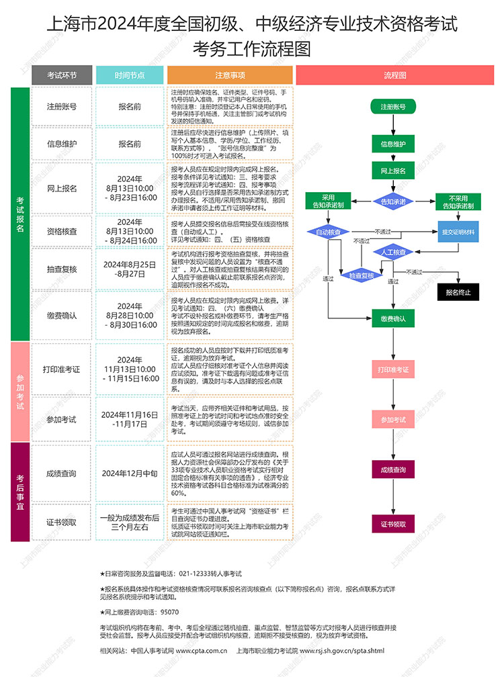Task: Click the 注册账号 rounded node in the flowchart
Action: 393,107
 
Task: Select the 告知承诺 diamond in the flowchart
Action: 393,201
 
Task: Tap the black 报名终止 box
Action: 458,292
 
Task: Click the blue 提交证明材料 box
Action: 458,232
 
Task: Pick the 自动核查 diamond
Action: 328,232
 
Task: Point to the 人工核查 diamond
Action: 393,252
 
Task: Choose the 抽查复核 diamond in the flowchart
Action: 362,275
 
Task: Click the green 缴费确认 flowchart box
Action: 393,318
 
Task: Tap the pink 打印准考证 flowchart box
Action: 393,369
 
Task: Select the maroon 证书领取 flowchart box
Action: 393,524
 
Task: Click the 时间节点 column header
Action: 130,75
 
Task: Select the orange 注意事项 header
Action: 230,75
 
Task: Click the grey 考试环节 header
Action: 62,75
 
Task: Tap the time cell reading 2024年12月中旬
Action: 130,473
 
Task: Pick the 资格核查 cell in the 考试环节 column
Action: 62,232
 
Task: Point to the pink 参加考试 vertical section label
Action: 20,392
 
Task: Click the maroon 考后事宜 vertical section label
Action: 20,492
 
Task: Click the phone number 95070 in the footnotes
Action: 169,613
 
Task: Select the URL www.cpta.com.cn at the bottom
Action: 201,651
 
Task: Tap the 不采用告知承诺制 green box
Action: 458,201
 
